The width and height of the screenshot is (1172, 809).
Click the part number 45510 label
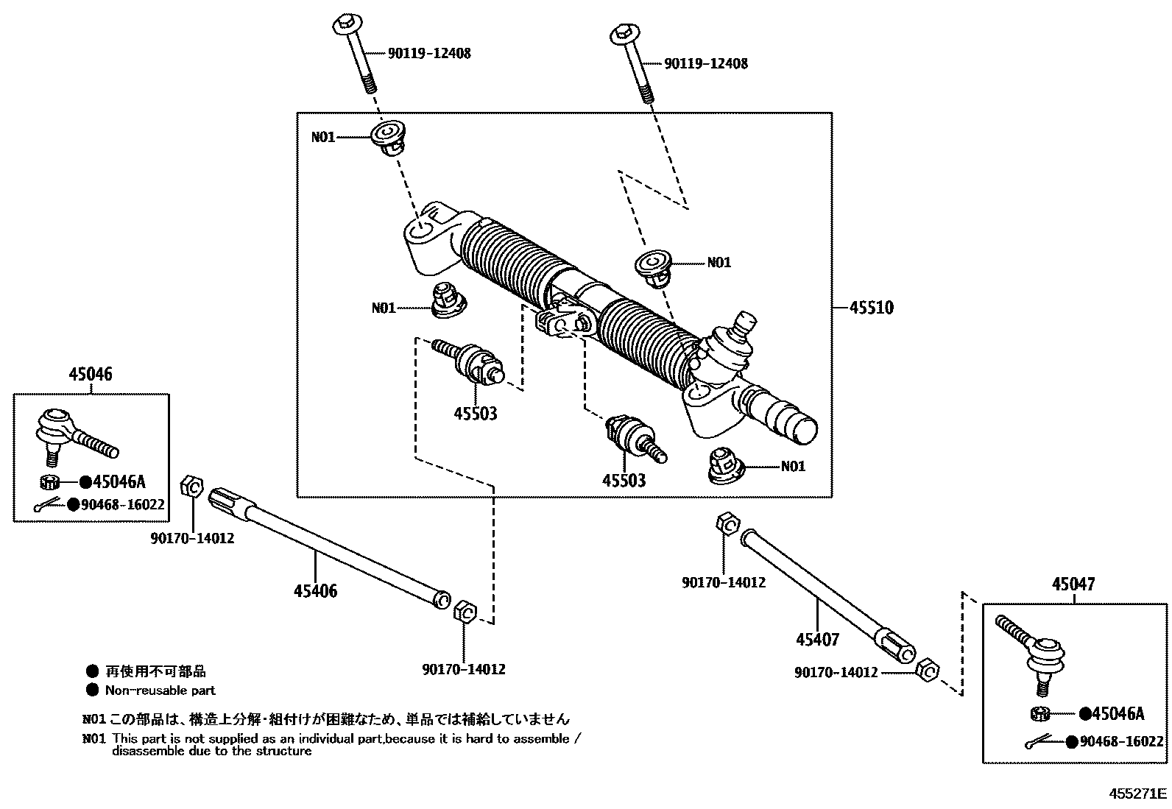871,307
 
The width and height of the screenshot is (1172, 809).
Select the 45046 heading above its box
91,374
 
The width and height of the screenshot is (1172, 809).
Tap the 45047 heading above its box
1073,584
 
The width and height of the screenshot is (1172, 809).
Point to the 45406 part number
315,590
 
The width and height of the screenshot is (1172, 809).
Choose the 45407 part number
817,639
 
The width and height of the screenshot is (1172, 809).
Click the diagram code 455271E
1139,794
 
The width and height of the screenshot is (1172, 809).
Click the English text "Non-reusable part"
160,690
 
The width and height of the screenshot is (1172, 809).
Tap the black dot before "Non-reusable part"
92,690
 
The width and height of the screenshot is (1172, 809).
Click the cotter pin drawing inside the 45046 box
50,506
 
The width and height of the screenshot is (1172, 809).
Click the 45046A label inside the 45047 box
1118,713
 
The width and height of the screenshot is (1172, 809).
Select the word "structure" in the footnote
285,751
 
